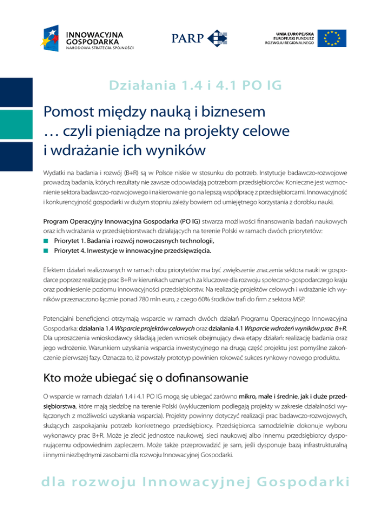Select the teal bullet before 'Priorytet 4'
pos(46,250)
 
